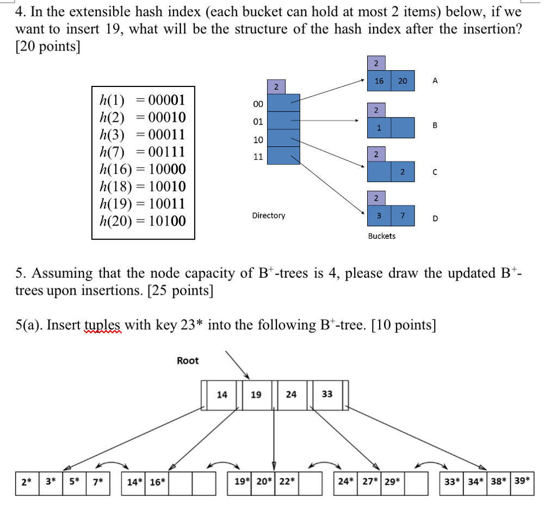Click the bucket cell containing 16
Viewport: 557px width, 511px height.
379,81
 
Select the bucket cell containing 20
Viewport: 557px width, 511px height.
403,81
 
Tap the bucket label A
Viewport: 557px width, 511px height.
435,81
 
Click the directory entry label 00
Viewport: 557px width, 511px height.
258,103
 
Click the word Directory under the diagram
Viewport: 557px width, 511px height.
268,216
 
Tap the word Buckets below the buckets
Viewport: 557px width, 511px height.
382,236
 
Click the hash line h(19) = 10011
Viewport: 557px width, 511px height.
143,204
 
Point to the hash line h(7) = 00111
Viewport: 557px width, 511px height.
143,152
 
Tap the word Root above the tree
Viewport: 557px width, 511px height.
188,360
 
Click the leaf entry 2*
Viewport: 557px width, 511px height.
26,482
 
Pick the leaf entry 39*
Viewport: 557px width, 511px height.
523,481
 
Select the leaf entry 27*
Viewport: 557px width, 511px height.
370,482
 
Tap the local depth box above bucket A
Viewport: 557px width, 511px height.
375,63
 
